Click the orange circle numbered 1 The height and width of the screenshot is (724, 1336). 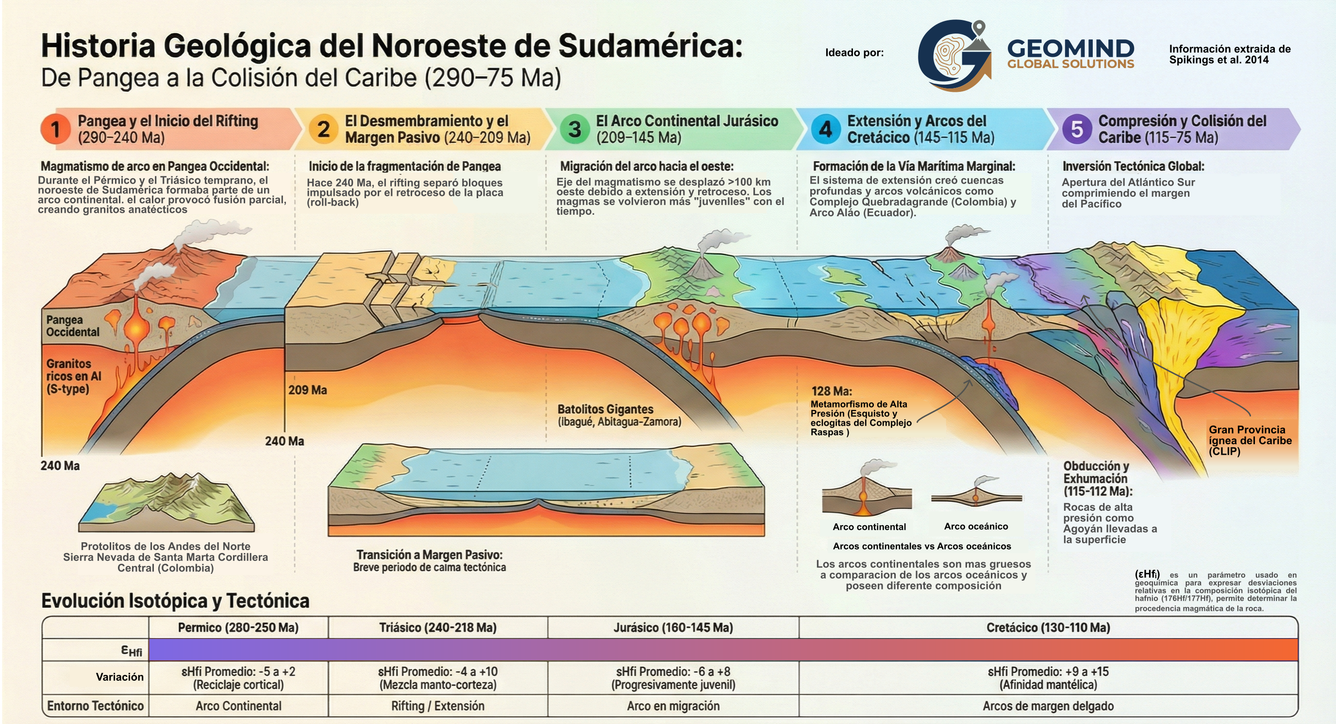point(55,129)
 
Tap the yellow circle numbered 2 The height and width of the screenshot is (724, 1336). point(323,129)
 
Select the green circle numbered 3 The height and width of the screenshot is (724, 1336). point(574,129)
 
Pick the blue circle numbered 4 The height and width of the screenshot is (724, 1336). point(825,129)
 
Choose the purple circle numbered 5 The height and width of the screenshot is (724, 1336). point(1076,129)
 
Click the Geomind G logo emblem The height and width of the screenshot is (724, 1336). point(954,55)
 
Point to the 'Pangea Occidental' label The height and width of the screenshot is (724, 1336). point(73,326)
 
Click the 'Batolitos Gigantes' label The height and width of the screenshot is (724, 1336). point(605,409)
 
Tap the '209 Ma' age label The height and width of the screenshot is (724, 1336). point(308,390)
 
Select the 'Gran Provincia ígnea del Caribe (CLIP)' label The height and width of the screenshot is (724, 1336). point(1250,440)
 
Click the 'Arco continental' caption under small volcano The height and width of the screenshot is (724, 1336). point(869,527)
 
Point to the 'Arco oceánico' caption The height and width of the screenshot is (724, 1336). point(976,526)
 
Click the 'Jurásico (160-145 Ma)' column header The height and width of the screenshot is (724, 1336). point(673,627)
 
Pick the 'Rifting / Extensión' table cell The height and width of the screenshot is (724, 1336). point(438,706)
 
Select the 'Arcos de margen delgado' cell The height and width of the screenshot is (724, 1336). point(1048,706)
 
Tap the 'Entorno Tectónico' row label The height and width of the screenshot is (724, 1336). point(96,706)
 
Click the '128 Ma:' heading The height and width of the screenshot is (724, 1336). point(832,391)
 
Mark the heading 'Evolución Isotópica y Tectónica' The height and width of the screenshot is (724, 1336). point(175,601)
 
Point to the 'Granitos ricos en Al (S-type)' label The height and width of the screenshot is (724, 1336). point(73,376)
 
